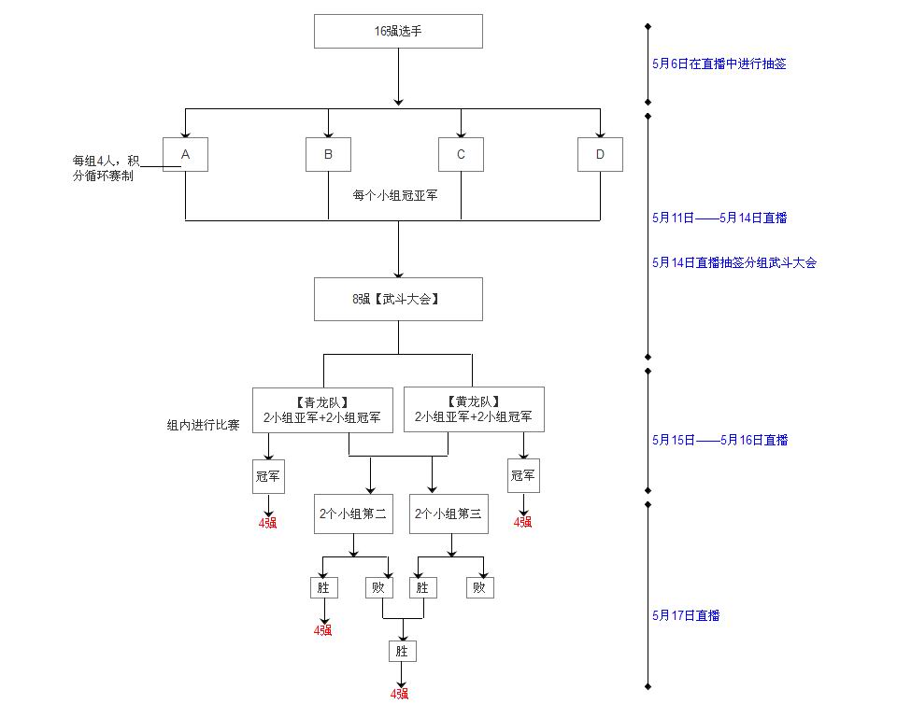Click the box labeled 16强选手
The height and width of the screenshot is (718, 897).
click(x=398, y=31)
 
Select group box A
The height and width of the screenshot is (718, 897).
click(x=185, y=154)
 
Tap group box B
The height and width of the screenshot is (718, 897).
click(x=328, y=154)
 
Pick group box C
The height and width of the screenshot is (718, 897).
click(x=461, y=154)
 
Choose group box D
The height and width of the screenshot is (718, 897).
click(x=600, y=154)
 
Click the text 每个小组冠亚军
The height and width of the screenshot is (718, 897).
click(x=395, y=196)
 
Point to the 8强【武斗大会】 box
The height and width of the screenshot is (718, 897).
click(x=398, y=299)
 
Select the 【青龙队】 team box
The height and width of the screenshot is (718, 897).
click(x=322, y=409)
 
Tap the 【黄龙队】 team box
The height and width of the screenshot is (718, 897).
click(x=474, y=409)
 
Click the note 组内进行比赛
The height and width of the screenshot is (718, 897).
click(x=203, y=425)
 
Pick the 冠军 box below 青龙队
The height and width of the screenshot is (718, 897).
click(x=268, y=475)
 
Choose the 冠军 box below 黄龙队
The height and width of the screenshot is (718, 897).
click(x=523, y=475)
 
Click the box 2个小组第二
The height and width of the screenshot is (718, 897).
click(x=352, y=514)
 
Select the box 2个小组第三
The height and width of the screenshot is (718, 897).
click(x=448, y=514)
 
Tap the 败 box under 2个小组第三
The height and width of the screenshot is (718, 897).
click(x=480, y=587)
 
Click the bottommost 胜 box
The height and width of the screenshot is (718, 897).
click(x=403, y=650)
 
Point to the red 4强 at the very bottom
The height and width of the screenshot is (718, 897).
click(x=400, y=694)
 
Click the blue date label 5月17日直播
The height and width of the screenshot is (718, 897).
click(x=686, y=615)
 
